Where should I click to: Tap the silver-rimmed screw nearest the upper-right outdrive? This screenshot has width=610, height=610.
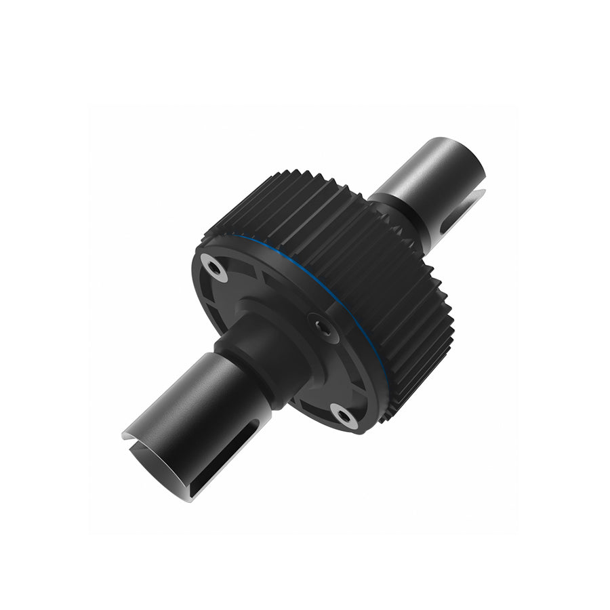tap(214, 269)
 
